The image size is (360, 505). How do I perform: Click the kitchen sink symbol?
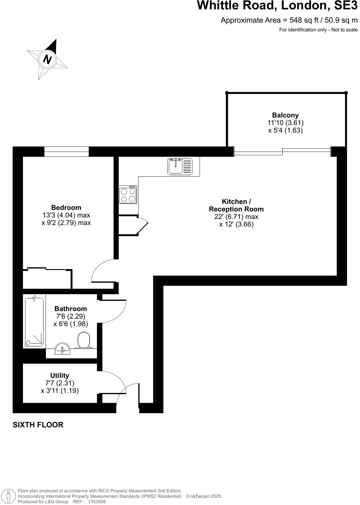[x=180, y=166]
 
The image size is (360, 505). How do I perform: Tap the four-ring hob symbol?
[x=128, y=195]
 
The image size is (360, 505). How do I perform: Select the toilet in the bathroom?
[x=84, y=340]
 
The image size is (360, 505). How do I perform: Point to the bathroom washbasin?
[x=63, y=349]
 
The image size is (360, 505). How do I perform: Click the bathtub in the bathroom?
[x=34, y=322]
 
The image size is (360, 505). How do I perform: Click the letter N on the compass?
[x=47, y=59]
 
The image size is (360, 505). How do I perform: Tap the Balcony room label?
[x=285, y=115]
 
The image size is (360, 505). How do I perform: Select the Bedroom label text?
[x=66, y=207]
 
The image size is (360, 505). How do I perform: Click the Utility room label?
[x=59, y=375]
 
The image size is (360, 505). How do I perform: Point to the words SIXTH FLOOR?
[x=38, y=425]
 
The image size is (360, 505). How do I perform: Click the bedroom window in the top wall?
[x=66, y=151]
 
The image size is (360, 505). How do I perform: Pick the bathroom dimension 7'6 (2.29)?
[x=71, y=316]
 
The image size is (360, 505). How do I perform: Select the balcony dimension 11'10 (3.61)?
[x=285, y=123]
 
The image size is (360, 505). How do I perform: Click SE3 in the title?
[x=344, y=5]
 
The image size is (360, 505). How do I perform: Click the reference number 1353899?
[x=96, y=502]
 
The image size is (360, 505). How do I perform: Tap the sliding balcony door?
[x=282, y=151]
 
